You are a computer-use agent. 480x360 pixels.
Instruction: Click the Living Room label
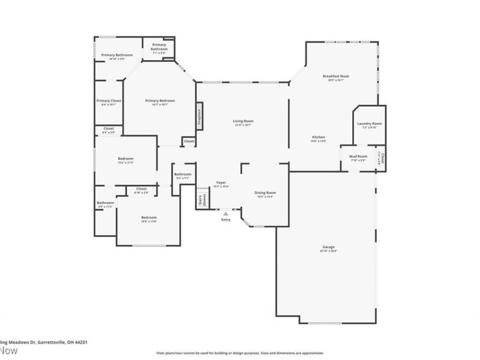(243, 121)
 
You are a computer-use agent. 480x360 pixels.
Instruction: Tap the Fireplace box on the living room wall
(199, 116)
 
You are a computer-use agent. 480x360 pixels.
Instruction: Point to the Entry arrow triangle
(226, 213)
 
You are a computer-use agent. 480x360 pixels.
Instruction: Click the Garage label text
(328, 247)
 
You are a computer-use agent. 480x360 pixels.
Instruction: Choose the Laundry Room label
(370, 124)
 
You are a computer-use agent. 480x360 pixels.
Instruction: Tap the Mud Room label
(358, 156)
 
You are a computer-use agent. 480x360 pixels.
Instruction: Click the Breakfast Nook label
(335, 76)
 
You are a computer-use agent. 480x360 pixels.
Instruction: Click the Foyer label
(221, 182)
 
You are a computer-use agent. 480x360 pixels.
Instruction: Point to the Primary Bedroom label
(160, 101)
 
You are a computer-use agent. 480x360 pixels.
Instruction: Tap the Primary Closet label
(109, 101)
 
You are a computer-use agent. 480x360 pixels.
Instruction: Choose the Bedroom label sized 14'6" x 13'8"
(149, 217)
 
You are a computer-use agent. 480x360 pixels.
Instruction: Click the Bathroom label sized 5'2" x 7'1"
(182, 174)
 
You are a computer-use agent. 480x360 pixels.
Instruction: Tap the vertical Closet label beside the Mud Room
(382, 159)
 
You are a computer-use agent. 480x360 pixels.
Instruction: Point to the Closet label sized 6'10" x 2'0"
(141, 188)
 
